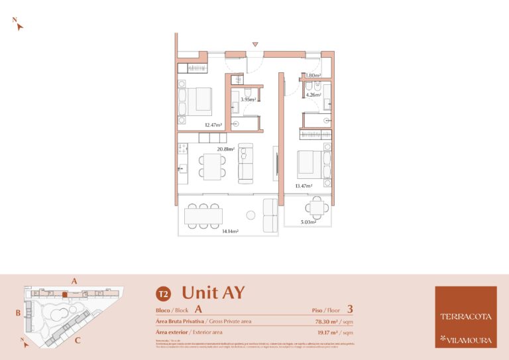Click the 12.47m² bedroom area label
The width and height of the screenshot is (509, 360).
(212, 125)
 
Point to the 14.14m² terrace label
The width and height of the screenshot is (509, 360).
(230, 231)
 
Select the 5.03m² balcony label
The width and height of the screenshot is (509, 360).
(308, 222)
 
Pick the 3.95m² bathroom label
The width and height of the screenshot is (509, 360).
(248, 99)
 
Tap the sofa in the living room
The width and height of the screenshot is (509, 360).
(246, 163)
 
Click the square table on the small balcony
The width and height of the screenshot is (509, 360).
(317, 210)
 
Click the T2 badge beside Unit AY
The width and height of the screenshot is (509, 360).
(162, 294)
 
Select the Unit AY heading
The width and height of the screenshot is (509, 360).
(213, 292)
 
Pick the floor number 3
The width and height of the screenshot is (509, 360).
(349, 308)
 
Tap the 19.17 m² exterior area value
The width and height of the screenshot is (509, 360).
(329, 332)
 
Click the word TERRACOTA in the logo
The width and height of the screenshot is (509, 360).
(465, 316)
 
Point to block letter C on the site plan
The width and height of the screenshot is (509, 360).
(78, 341)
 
